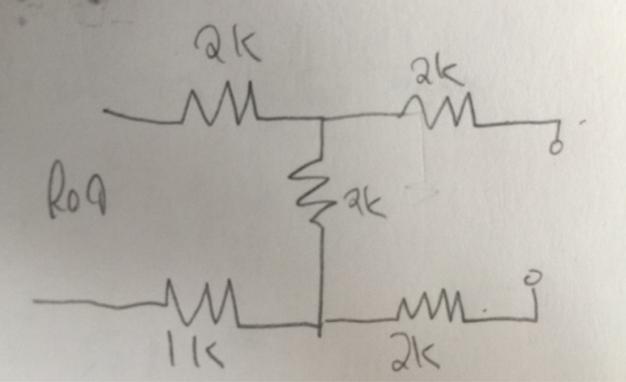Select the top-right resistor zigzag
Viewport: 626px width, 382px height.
(x=437, y=112)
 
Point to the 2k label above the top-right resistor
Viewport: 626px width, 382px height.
(x=437, y=71)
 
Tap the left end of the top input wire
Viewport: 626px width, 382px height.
(x=105, y=112)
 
